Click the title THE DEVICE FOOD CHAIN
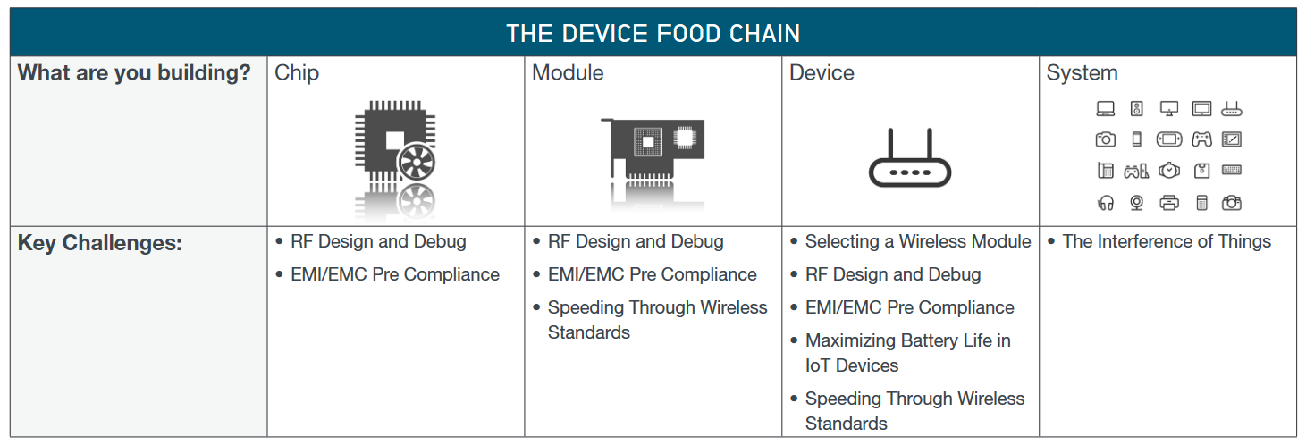coord(653,34)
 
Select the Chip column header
coord(297,73)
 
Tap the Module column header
coord(568,72)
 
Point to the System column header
coord(1083,73)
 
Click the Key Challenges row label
coord(100,243)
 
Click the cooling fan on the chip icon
coord(417,162)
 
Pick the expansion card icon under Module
coord(653,149)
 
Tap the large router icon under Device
coord(909,158)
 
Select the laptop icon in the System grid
coord(1106,109)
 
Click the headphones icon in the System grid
coord(1106,203)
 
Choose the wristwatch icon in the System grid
coord(1169,171)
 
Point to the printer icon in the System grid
coord(1169,203)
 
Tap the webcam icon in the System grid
coord(1136,203)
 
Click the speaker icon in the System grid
coord(1136,109)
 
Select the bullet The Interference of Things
coord(1166,242)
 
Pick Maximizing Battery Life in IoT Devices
coord(908,353)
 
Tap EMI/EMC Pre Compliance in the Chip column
coord(395,275)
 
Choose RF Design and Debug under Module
coord(636,242)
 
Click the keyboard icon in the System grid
coord(1232,170)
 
